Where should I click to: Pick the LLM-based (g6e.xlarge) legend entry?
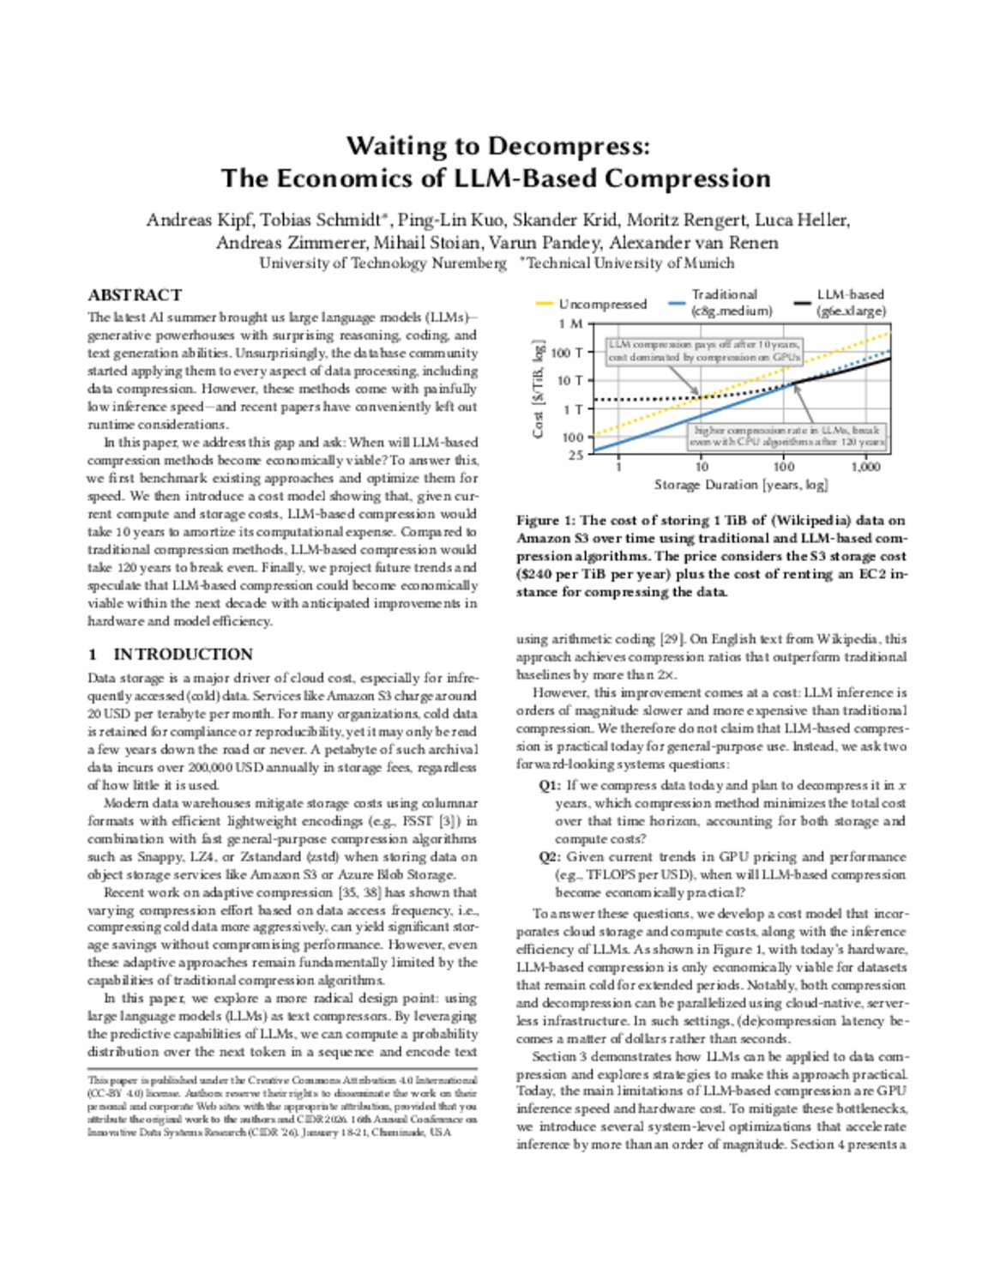click(x=850, y=303)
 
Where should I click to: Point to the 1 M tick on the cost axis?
click(x=570, y=324)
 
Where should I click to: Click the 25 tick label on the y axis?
click(x=575, y=455)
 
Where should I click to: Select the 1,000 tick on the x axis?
click(x=865, y=467)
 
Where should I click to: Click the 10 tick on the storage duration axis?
click(x=702, y=467)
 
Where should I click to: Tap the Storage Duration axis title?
click(x=741, y=485)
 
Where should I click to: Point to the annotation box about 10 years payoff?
click(x=704, y=350)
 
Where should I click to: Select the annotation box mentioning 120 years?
click(x=787, y=436)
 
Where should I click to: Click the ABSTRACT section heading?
click(x=135, y=295)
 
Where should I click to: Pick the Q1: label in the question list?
click(x=550, y=785)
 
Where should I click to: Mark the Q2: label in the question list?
click(x=550, y=856)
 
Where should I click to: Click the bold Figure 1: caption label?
click(x=545, y=520)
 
